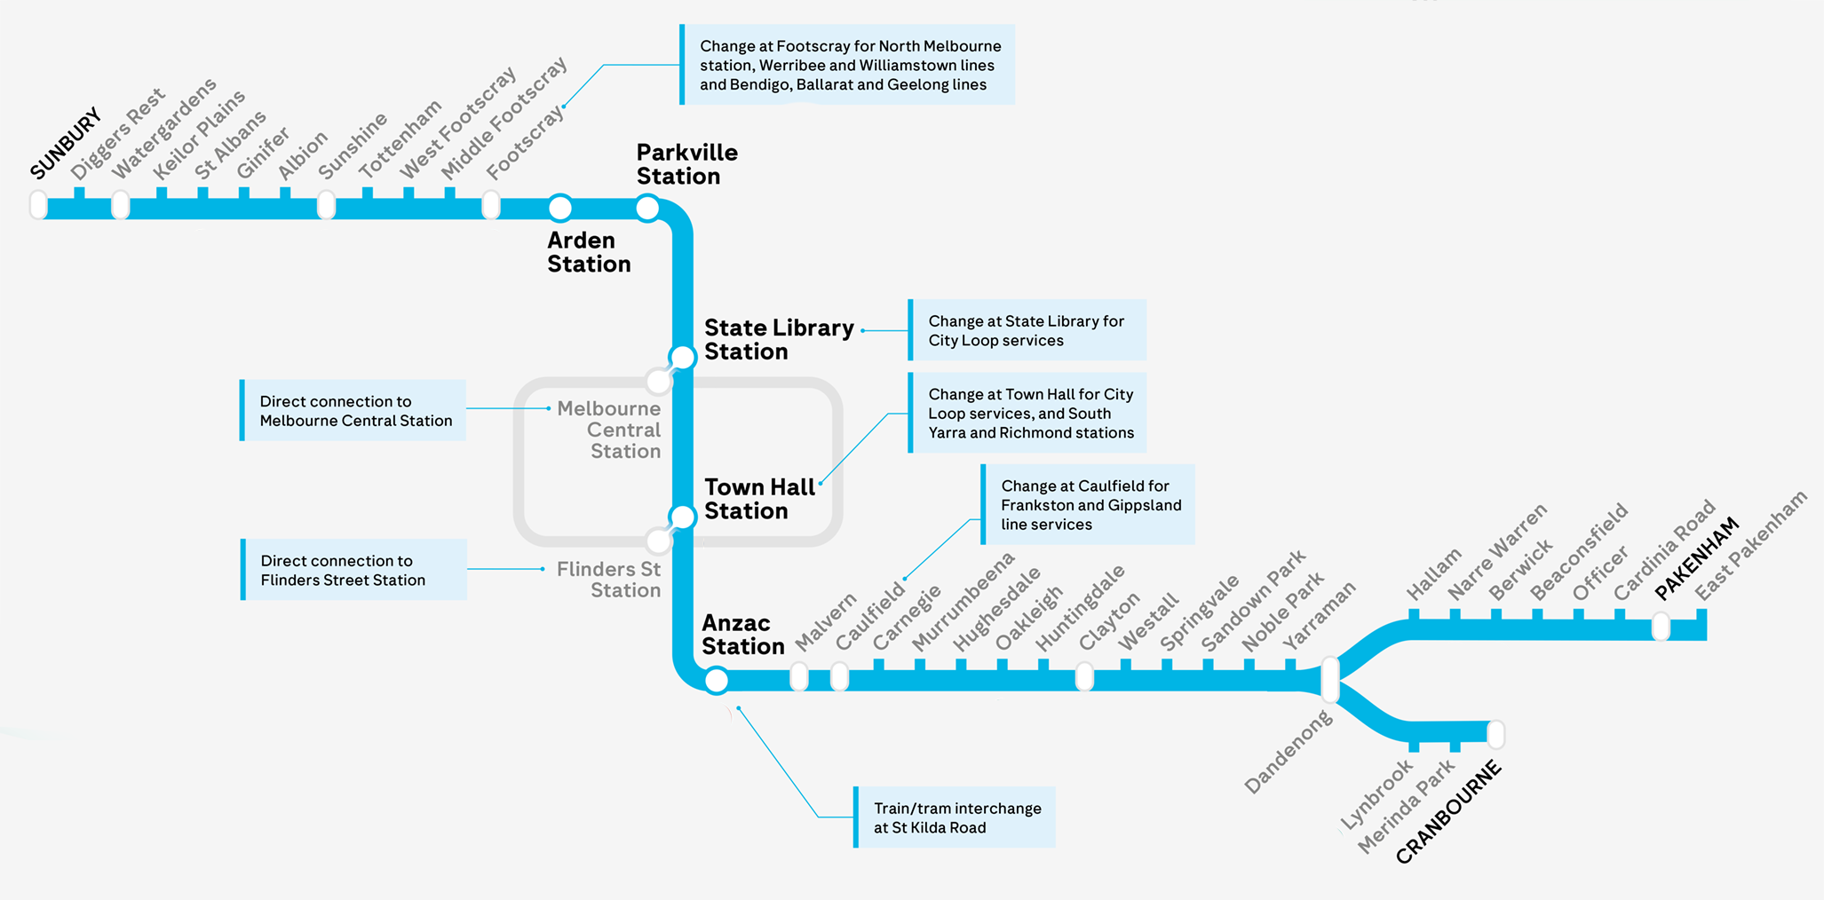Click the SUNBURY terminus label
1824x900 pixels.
coord(66,144)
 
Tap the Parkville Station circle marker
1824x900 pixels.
coord(647,209)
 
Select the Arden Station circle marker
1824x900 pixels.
coord(559,208)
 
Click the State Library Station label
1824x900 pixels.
coord(778,340)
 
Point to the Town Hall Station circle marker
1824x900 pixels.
coord(682,517)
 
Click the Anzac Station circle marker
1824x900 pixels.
coord(716,681)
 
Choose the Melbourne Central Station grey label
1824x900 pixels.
coord(610,430)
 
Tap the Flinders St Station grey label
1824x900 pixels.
coord(609,580)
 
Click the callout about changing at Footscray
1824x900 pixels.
coord(849,65)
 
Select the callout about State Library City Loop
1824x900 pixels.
coord(1027,330)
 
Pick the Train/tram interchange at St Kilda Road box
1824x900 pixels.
coord(956,817)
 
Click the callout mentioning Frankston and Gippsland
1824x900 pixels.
coord(1089,505)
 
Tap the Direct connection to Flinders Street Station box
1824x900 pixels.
coord(354,570)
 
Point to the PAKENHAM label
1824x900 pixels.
coord(1697,558)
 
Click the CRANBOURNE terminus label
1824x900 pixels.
coord(1448,812)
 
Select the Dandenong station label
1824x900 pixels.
coord(1289,753)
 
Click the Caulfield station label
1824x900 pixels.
coord(870,614)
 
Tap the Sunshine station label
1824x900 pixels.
coord(353,146)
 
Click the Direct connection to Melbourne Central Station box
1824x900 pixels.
coord(353,411)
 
